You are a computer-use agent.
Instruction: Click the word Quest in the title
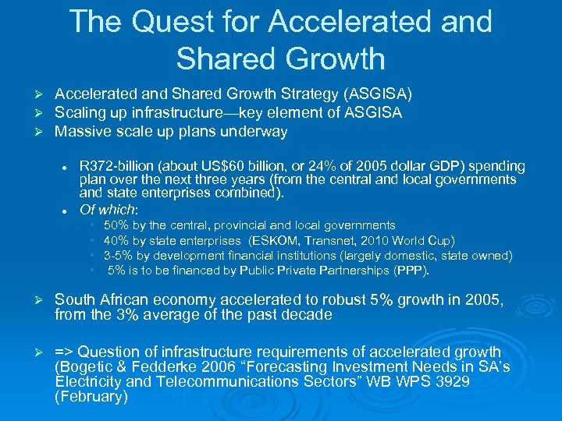(x=163, y=22)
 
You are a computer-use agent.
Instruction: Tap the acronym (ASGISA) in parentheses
(x=379, y=94)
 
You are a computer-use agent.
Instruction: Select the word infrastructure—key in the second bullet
(x=224, y=113)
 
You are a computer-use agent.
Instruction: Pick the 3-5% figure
(x=118, y=256)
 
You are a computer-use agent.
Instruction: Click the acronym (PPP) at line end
(x=412, y=271)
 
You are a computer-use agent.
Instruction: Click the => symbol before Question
(x=65, y=352)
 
